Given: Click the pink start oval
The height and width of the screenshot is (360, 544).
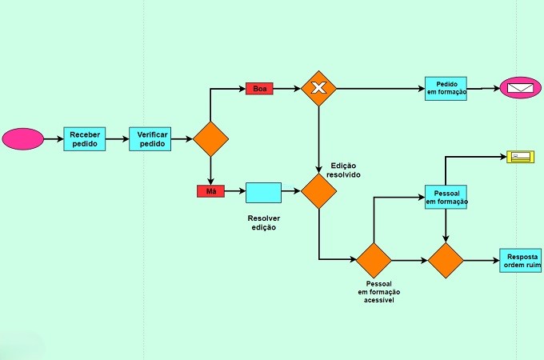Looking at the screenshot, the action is point(23,139).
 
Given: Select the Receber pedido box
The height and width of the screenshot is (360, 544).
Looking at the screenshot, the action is point(85,139).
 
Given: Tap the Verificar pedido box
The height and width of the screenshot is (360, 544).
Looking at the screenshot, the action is point(150,139).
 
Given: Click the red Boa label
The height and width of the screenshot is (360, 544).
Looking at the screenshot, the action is point(259,89).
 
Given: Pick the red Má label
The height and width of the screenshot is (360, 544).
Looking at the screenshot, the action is point(211,191).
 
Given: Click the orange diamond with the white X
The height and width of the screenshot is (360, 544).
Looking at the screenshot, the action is point(319,89).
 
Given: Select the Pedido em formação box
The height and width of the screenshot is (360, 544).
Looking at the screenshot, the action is point(446,89).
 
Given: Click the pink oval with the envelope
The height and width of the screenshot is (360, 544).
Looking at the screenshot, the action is point(521,88).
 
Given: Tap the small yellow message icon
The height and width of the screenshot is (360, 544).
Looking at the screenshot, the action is point(521,157).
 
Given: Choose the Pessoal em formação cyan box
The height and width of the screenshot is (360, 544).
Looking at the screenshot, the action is point(446,197).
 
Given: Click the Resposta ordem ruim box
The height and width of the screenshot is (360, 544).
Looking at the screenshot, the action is point(521,261).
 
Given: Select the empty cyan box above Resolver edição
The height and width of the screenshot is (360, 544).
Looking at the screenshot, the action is point(264,193).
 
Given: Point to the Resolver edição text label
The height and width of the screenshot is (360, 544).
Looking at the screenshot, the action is point(264,223).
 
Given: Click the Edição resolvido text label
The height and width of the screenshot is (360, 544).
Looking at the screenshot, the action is point(343,170).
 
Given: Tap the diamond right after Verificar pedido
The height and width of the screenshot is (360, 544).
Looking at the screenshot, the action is point(211,139).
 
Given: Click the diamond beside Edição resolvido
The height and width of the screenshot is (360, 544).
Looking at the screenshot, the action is point(319,191).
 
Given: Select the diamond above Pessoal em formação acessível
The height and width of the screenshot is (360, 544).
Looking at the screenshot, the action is point(374,261).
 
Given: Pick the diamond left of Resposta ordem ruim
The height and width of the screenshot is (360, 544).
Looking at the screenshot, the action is point(446,261).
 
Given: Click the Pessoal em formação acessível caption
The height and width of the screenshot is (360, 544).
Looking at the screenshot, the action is point(379,292).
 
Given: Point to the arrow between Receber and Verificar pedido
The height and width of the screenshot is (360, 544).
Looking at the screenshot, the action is point(118,139).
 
